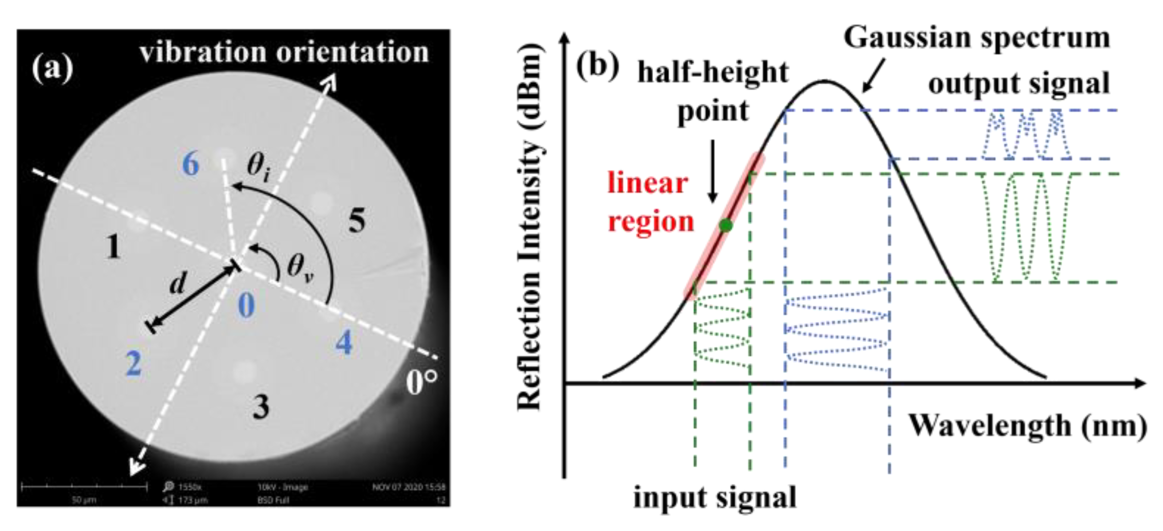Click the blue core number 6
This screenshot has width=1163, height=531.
(191, 164)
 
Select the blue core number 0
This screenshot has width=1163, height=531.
(246, 306)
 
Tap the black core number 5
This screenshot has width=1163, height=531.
(357, 220)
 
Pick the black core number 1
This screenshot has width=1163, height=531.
(113, 247)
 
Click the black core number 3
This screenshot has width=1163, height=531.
(261, 407)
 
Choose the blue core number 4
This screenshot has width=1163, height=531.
(344, 342)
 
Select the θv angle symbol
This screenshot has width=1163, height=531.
(300, 269)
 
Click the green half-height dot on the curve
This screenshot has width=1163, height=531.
(726, 225)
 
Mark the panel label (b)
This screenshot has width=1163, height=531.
(597, 66)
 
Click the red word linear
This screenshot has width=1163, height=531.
(647, 184)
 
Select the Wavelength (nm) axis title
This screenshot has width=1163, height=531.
(1028, 425)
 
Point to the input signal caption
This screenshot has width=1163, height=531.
(715, 498)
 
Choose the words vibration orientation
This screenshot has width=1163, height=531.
(284, 52)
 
